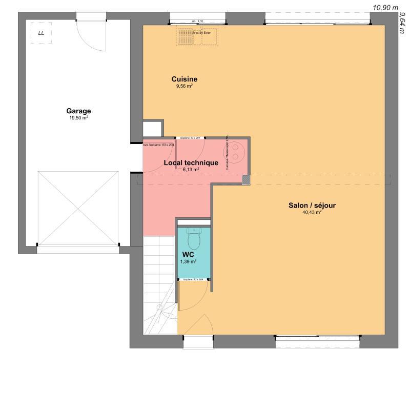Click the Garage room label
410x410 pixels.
click(78, 111)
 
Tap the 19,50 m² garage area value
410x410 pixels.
click(78, 118)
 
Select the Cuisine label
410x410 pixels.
click(184, 79)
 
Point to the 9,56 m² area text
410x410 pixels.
click(184, 87)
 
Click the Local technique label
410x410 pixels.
click(191, 162)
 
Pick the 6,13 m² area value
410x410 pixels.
click(191, 169)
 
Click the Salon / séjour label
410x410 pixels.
click(312, 206)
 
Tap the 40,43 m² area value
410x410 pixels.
click(312, 212)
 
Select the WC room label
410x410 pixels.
click(188, 254)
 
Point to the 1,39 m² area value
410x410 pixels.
click(188, 261)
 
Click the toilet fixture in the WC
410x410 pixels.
click(194, 238)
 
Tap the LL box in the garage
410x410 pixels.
click(41, 33)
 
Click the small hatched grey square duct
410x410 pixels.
click(247, 180)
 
